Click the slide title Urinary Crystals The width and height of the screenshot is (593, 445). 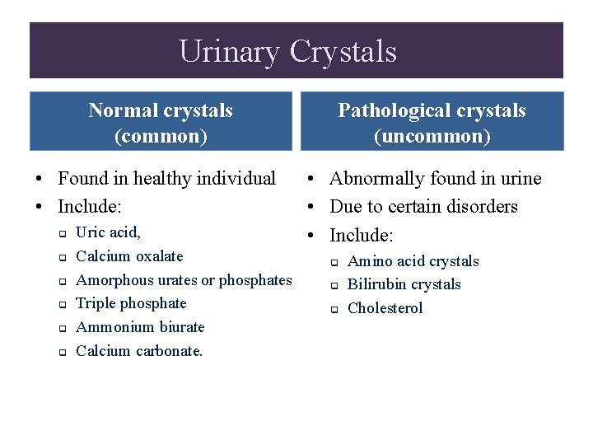point(287,52)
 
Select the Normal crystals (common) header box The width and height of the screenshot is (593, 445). point(161,122)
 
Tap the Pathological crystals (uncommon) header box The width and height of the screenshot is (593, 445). point(432,122)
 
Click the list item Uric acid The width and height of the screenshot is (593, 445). point(108,233)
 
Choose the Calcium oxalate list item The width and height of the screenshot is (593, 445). point(129,256)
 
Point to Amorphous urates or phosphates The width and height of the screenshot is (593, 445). point(184,280)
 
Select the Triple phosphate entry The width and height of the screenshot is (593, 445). point(131,303)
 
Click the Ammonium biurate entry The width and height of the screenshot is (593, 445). point(140,327)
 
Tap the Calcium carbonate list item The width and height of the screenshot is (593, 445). point(139,351)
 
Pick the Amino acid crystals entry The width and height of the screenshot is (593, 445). point(413,261)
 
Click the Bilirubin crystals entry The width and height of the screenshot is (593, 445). point(404,284)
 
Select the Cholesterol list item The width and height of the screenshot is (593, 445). point(385,308)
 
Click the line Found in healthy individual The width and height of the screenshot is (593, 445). point(166,179)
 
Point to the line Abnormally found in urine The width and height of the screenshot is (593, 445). point(435,179)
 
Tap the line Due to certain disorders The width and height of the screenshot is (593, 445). point(423,206)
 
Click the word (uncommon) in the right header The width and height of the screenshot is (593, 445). point(432,136)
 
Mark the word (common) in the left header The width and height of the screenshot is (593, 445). point(161,136)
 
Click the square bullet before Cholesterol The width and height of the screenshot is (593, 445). point(335,310)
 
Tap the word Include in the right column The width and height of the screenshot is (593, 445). point(359,235)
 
